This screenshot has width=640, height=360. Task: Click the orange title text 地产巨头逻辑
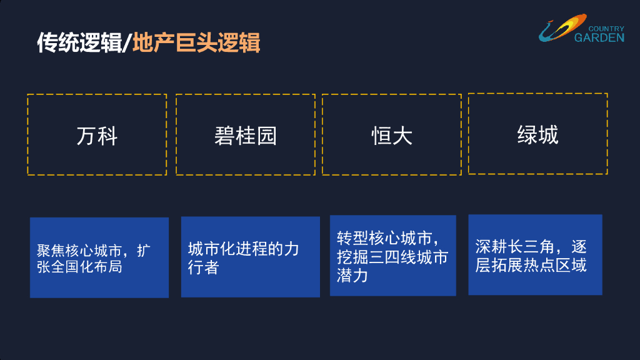tap(196, 42)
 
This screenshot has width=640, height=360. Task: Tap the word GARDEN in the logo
tap(599, 37)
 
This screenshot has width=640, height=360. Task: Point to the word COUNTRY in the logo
tap(606, 29)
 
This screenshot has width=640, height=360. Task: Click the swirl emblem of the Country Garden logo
tap(559, 29)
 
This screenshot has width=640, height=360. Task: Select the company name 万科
tap(97, 136)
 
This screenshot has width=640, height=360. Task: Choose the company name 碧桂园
tap(245, 136)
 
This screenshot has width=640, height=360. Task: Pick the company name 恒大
tap(392, 136)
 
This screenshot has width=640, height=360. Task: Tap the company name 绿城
tap(537, 134)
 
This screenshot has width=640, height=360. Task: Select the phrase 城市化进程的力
tap(243, 249)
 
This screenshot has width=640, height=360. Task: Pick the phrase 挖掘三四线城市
tap(392, 257)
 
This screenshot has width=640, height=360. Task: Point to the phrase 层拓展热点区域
tap(531, 265)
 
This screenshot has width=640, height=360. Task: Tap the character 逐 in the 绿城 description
tap(579, 247)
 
